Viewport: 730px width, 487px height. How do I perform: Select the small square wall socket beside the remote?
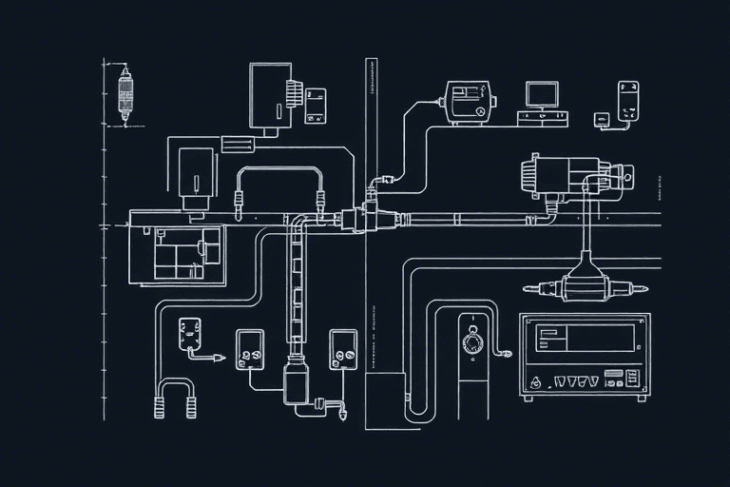pyautogui.click(x=601, y=119)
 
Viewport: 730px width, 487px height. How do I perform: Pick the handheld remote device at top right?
pyautogui.click(x=627, y=101)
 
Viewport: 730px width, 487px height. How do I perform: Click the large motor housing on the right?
pyautogui.click(x=561, y=176)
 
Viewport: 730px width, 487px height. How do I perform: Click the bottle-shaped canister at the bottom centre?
pyautogui.click(x=294, y=384)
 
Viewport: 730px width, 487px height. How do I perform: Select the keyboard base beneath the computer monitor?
pyautogui.click(x=542, y=118)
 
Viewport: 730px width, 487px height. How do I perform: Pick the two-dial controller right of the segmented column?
pyautogui.click(x=342, y=350)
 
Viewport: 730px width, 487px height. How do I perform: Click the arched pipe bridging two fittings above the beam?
pyautogui.click(x=279, y=171)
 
